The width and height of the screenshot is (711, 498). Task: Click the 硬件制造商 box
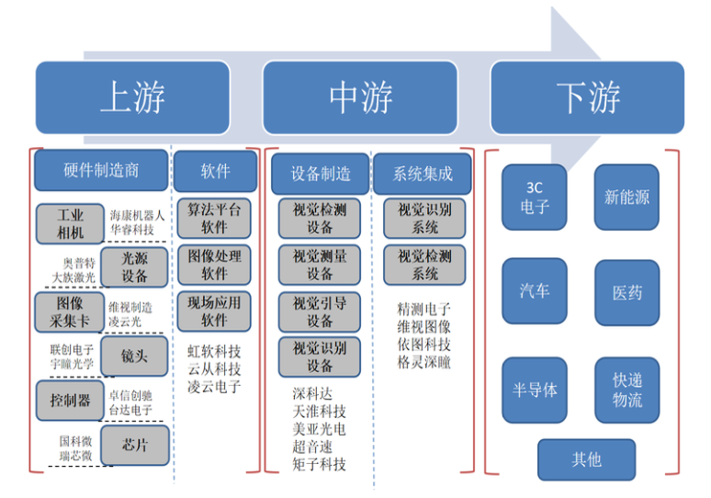(x=101, y=171)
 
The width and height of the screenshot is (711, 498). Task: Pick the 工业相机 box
(x=70, y=223)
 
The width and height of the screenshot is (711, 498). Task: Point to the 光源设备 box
(x=135, y=267)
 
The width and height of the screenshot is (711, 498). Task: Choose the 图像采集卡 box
(x=70, y=311)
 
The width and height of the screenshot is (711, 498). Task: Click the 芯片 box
(x=135, y=445)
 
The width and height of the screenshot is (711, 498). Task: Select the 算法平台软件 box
(x=214, y=218)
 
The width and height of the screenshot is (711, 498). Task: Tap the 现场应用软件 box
(x=214, y=310)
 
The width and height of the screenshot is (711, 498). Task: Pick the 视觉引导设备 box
(x=320, y=311)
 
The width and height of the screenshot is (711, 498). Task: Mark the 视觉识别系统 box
(x=424, y=218)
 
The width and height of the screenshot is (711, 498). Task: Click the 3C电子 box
(x=535, y=197)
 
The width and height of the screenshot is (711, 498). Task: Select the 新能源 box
(x=626, y=197)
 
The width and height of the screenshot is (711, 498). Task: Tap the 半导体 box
(x=535, y=390)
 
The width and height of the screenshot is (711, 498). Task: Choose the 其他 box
(x=586, y=459)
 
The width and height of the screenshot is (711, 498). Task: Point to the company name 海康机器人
(x=137, y=215)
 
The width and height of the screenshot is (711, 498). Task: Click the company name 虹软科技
(x=214, y=351)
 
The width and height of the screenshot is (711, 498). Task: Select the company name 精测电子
(x=423, y=309)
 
